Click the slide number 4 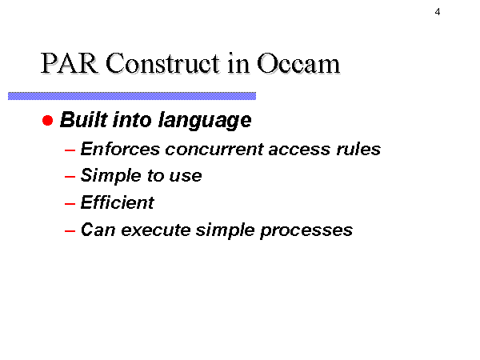coord(438,12)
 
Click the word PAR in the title coord(69,63)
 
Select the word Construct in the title coord(162,63)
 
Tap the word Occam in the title coord(298,63)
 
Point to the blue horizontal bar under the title coord(132,96)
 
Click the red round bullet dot coord(47,120)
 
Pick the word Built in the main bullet coord(84,119)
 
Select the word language coord(205,121)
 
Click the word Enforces coord(120,149)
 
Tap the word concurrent coord(214,150)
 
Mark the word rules coord(358,149)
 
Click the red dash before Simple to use coord(70,177)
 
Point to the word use coord(186,177)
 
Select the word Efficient coord(118,202)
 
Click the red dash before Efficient coord(70,203)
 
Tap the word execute coord(156,230)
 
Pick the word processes coord(306,231)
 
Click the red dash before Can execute coord(70,230)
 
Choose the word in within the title coord(238,63)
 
